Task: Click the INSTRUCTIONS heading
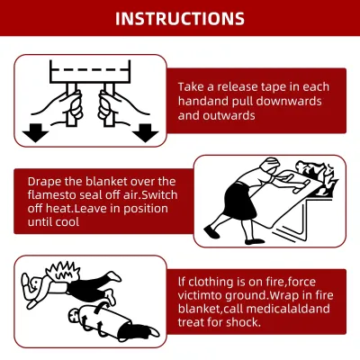tap(180, 19)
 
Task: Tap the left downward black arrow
tap(35, 132)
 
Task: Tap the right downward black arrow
tap(146, 132)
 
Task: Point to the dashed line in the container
tap(90, 70)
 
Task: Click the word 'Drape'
tap(42, 182)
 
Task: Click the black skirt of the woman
tap(239, 202)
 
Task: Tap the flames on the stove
tap(317, 177)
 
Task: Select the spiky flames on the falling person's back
tap(63, 271)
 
